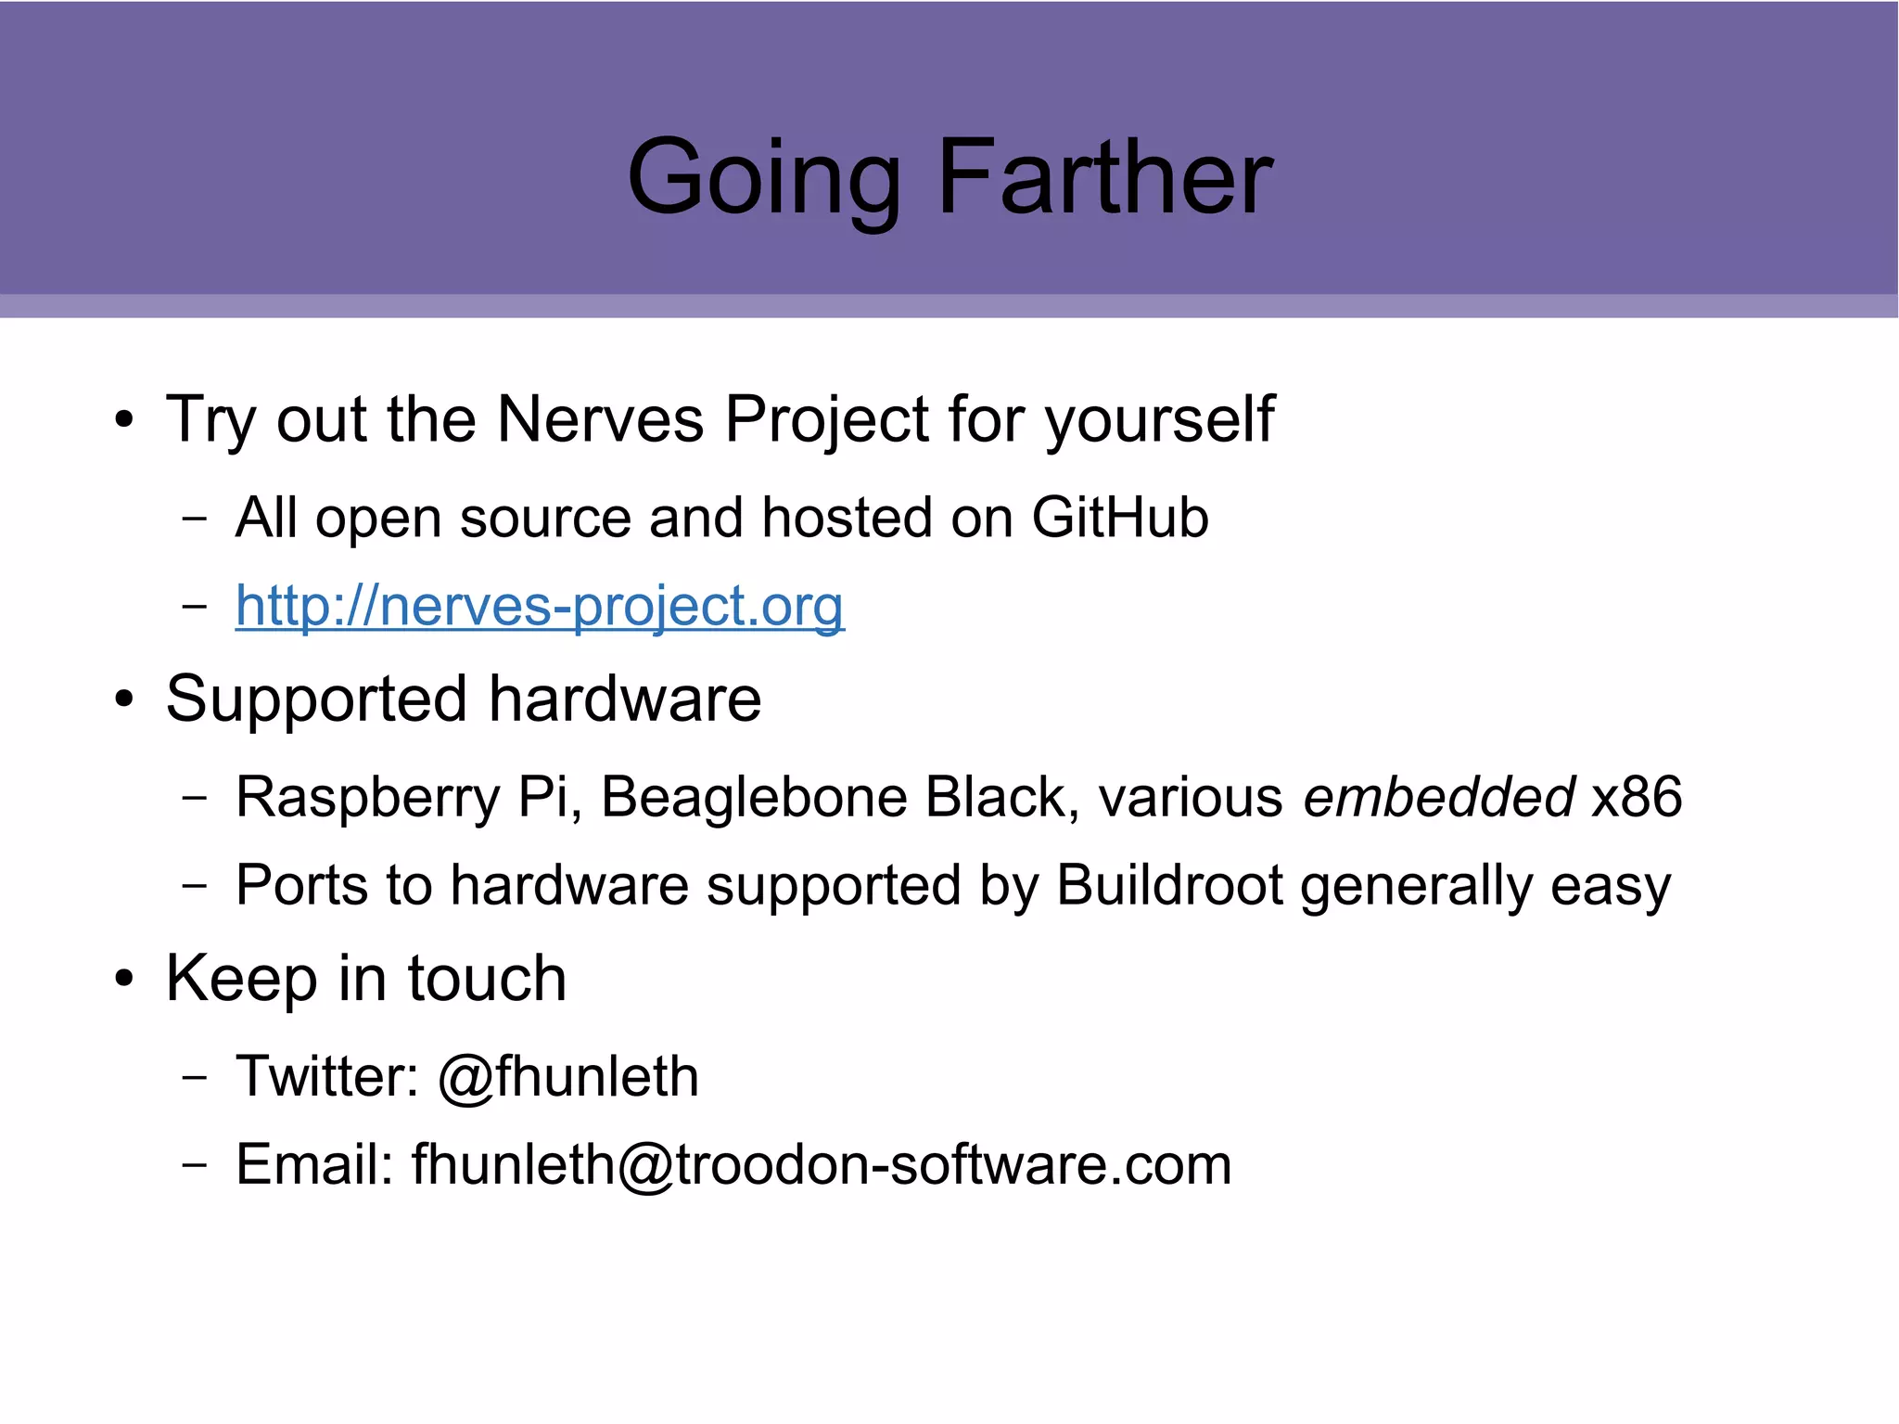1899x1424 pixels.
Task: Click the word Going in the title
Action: (764, 178)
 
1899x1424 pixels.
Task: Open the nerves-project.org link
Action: (540, 607)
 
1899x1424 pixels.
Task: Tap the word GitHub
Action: (1120, 517)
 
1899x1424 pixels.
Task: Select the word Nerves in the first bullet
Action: (600, 419)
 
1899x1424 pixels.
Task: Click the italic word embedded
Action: (1438, 797)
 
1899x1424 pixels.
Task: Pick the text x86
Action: (1637, 797)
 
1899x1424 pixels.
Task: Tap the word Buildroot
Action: (1169, 885)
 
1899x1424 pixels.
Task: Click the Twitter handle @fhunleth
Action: (568, 1077)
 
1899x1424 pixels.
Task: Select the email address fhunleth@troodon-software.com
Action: (822, 1164)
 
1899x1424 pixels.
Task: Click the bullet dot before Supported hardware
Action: (124, 699)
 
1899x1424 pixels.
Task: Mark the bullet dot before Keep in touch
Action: (124, 979)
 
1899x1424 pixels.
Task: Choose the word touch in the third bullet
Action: (487, 978)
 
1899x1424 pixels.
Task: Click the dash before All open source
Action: (195, 518)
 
